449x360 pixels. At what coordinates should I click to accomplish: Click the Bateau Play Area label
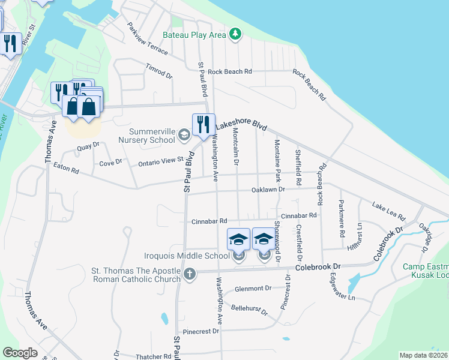(x=200, y=35)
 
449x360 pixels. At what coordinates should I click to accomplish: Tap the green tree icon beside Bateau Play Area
(x=237, y=34)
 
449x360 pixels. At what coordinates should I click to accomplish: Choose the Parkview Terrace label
(x=148, y=39)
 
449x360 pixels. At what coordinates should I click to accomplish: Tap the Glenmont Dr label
(x=253, y=289)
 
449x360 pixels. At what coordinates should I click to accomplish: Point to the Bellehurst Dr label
(x=249, y=308)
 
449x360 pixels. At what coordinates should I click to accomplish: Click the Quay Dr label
(x=88, y=146)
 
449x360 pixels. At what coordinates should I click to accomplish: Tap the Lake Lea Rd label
(x=388, y=211)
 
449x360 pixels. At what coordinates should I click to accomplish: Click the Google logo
(x=20, y=353)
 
